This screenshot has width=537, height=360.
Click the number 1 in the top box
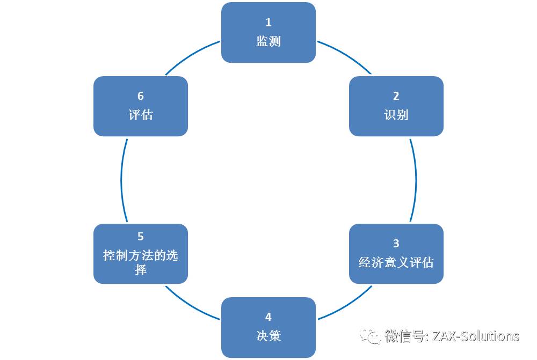(x=268, y=23)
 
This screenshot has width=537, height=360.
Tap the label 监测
(x=268, y=41)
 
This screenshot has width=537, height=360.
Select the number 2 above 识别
(x=396, y=96)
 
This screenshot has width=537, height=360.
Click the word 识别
(x=396, y=115)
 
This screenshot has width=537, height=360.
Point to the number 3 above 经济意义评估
(x=396, y=244)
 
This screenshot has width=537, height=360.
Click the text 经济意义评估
(x=396, y=262)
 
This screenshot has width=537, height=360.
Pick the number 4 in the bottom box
(x=268, y=317)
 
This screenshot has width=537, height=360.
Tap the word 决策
(x=268, y=336)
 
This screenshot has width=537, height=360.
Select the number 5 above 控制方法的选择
(x=141, y=237)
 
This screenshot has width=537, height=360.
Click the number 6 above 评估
(x=141, y=96)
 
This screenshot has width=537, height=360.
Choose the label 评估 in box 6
(x=141, y=115)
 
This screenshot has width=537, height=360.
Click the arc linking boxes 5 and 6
(x=121, y=180)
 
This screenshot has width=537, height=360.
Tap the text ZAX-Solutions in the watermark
(x=475, y=336)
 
